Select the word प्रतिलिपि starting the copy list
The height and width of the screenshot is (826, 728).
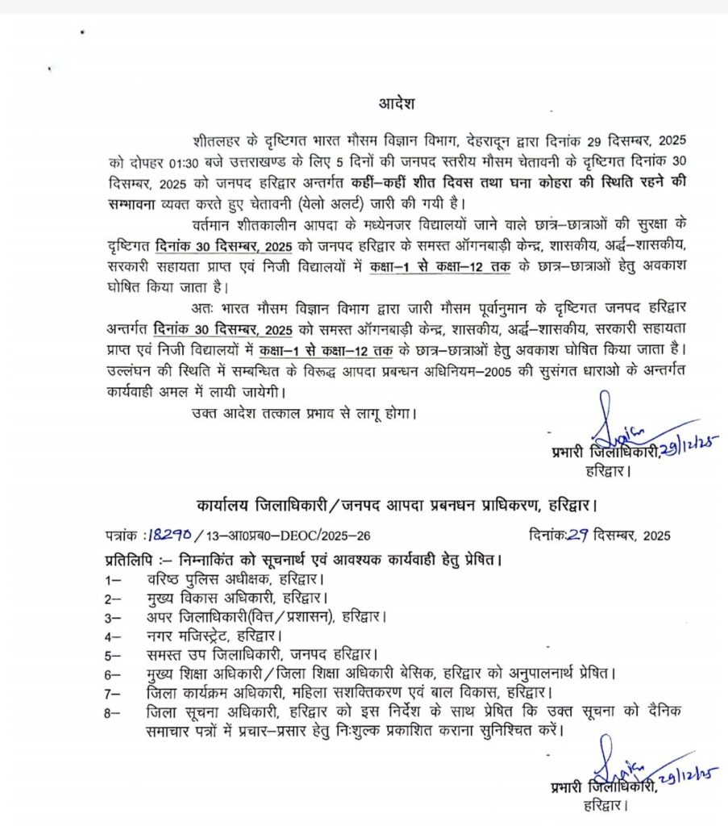pyautogui.click(x=131, y=558)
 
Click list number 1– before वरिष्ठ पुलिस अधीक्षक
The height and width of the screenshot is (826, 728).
pyautogui.click(x=113, y=579)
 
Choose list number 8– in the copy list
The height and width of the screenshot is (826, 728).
pyautogui.click(x=113, y=712)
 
